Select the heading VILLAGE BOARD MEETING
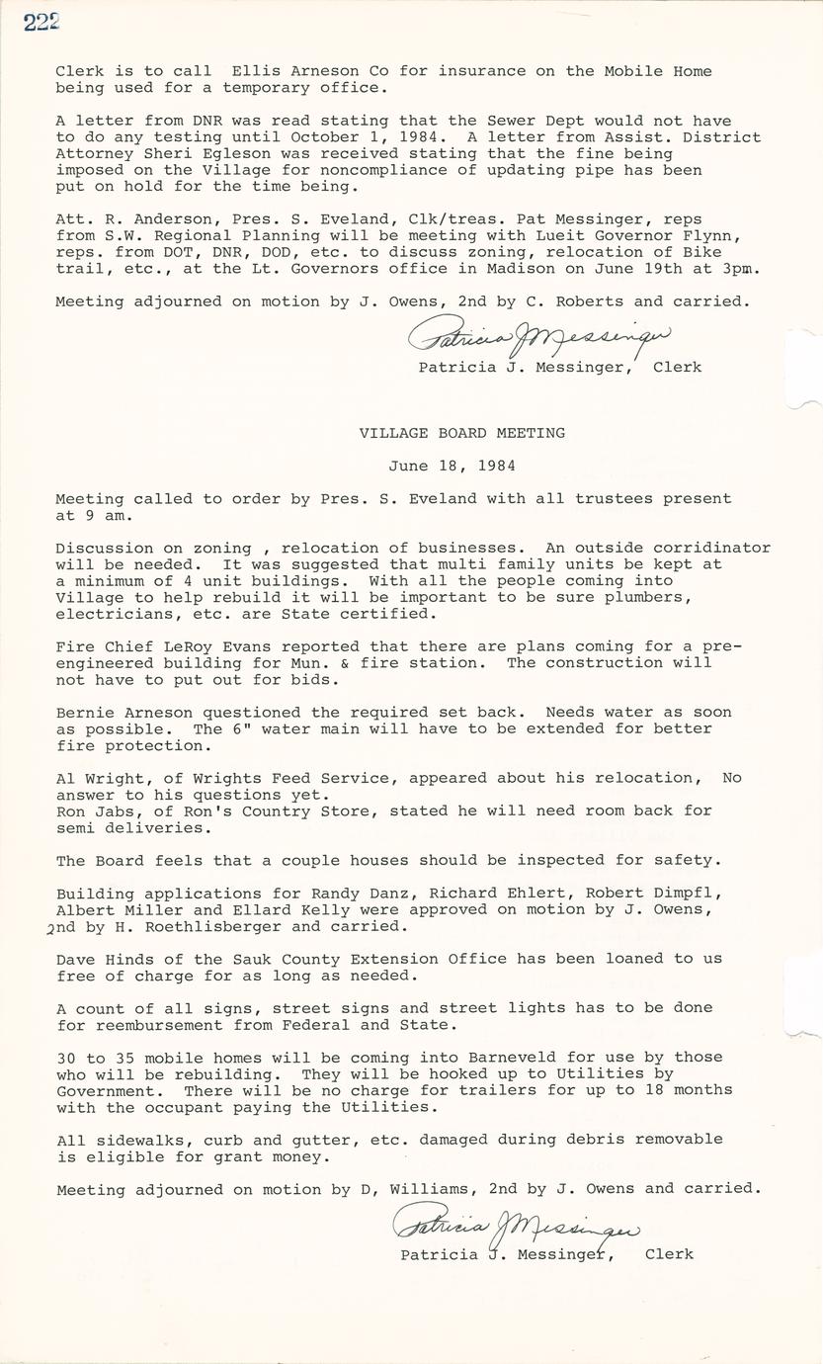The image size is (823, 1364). click(x=461, y=433)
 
